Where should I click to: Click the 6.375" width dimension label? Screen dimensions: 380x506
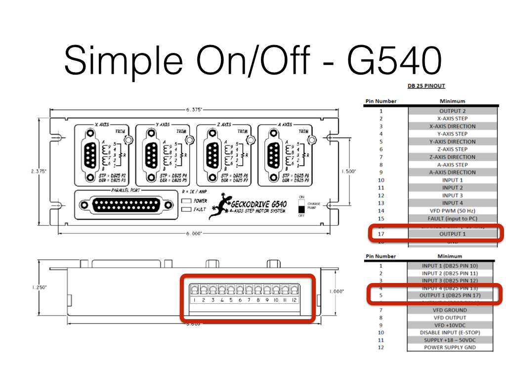tap(194, 110)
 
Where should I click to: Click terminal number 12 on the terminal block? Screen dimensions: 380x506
tap(295, 300)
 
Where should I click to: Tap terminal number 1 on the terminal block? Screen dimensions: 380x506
tap(195, 300)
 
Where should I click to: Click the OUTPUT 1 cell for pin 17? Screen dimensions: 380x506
tap(452, 234)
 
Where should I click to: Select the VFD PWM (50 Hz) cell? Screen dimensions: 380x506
tap(452, 211)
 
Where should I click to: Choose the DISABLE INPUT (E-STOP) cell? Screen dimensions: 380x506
tap(450, 332)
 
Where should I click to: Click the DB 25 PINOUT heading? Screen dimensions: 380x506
tap(426, 86)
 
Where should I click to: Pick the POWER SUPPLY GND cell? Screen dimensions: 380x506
tap(450, 347)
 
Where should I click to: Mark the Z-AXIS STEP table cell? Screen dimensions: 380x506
tap(452, 149)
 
